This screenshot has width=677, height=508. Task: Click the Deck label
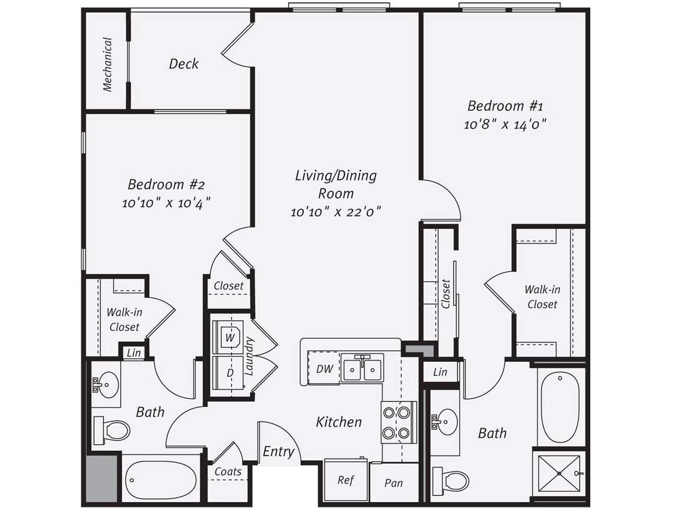pos(184,64)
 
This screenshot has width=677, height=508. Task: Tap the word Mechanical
pos(107,64)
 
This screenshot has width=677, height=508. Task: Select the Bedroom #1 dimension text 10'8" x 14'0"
pos(505,125)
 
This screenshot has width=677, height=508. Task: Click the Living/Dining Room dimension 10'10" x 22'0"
pos(336,211)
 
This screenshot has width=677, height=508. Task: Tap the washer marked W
pos(229,338)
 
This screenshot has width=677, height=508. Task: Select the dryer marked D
pos(229,373)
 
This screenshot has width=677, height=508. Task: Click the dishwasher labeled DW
pos(324,369)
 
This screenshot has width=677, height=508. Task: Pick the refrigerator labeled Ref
pos(345,480)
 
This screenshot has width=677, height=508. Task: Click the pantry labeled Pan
pos(394,483)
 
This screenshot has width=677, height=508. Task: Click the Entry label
pos(279,451)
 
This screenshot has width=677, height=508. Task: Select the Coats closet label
pos(228,472)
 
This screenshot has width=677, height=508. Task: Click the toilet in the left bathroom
pos(112,430)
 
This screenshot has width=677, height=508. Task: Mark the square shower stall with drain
pos(559,474)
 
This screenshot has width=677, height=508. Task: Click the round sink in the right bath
pos(446,421)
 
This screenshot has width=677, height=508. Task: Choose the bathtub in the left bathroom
pos(160,479)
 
